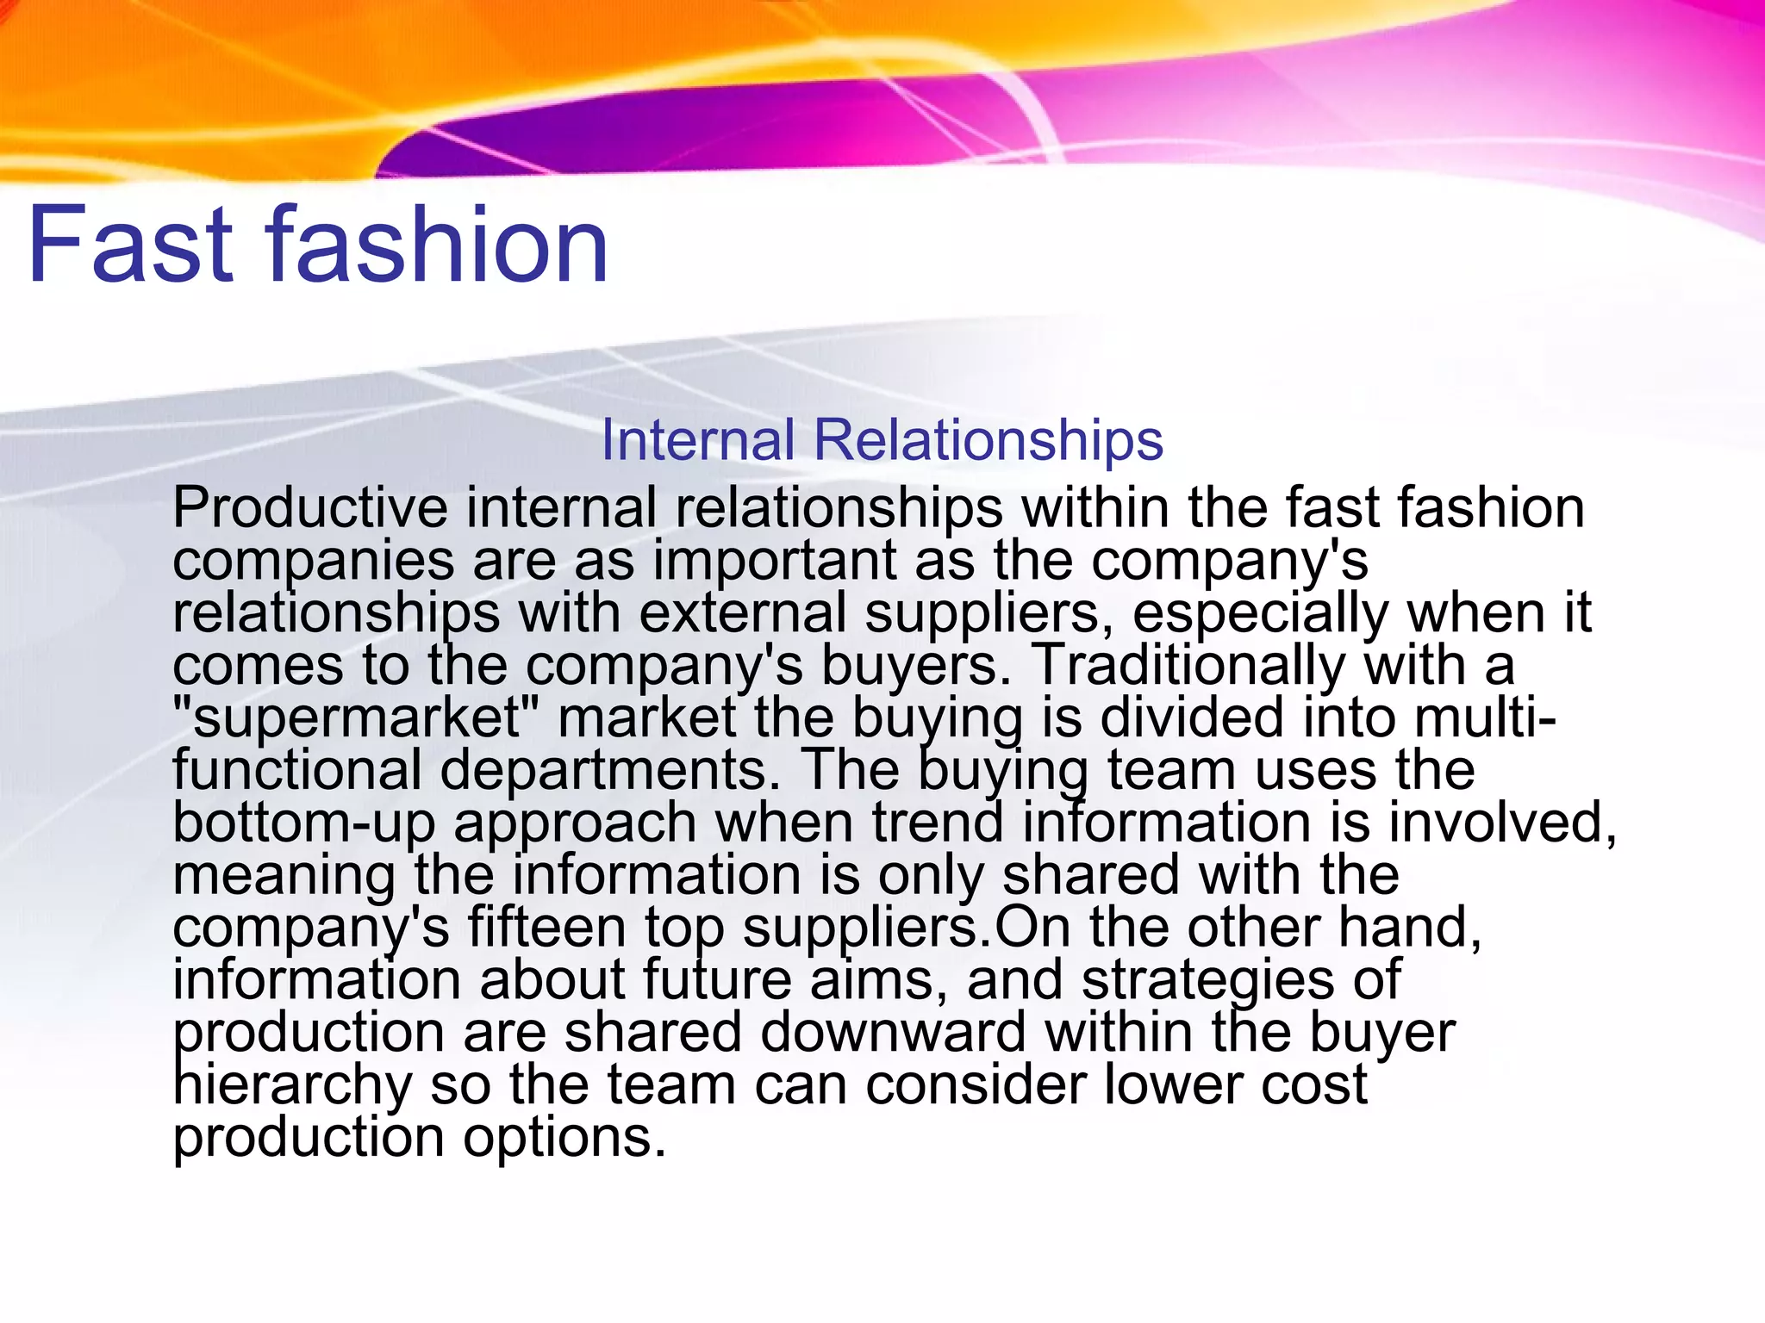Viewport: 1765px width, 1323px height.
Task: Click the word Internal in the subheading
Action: pyautogui.click(x=697, y=440)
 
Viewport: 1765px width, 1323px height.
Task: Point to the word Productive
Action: pyautogui.click(x=310, y=507)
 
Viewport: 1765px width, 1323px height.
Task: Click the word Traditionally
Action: pyautogui.click(x=1188, y=665)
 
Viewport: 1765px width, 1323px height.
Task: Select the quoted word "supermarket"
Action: pyautogui.click(x=356, y=718)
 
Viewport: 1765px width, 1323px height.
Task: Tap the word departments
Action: pyautogui.click(x=610, y=769)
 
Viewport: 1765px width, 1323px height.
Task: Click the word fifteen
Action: pyautogui.click(x=546, y=928)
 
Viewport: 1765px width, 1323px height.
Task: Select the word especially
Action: pyautogui.click(x=1260, y=613)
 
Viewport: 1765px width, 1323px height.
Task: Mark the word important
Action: pyautogui.click(x=775, y=561)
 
